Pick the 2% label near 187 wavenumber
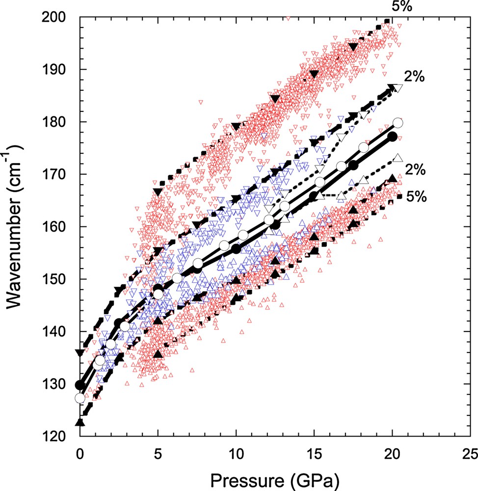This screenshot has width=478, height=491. click(414, 77)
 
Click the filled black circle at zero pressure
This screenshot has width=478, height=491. click(80, 384)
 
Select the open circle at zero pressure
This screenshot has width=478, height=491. click(80, 398)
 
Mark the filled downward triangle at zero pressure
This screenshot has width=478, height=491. click(80, 353)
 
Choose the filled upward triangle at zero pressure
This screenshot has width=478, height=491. click(80, 422)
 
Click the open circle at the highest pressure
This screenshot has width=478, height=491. click(398, 123)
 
